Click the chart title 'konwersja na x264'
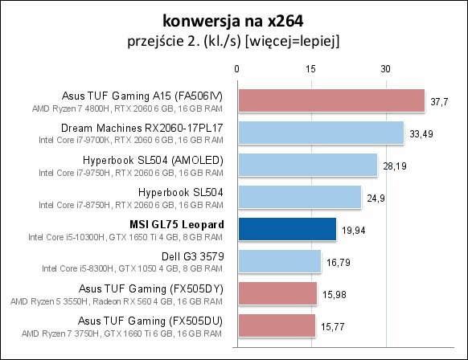[233, 21]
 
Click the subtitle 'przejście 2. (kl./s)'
[184, 41]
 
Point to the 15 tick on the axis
[310, 69]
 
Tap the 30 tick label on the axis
[385, 69]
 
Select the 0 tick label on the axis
[236, 69]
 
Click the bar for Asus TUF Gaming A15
[331, 100]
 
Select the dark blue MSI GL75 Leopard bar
[287, 229]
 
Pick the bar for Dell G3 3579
[280, 261]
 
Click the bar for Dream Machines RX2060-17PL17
[321, 133]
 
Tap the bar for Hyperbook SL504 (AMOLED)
[308, 165]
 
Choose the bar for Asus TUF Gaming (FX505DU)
[277, 325]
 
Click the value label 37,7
[439, 102]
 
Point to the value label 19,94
[353, 231]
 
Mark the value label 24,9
[376, 198]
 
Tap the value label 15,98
[334, 295]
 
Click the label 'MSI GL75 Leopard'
[177, 224]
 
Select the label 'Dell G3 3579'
[192, 256]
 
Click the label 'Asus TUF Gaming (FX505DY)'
[151, 289]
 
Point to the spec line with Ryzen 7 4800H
[127, 108]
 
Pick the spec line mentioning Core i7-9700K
[131, 140]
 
